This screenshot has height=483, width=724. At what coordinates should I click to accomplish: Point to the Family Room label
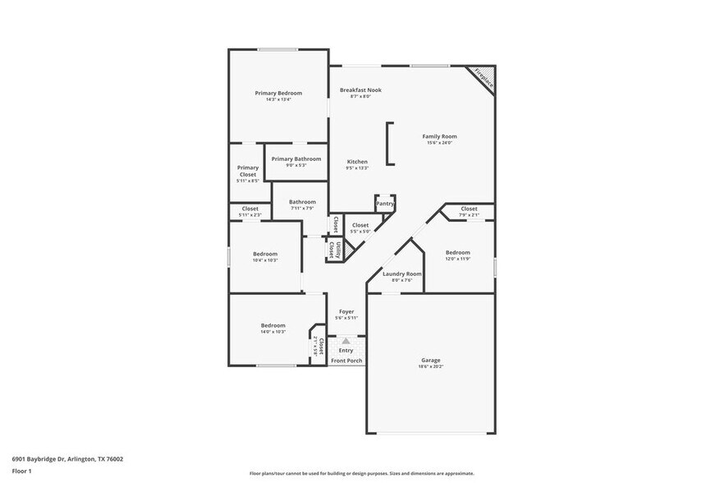click(439, 136)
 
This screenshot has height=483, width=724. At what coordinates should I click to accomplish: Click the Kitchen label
click(357, 162)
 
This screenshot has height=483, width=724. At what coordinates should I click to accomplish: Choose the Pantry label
click(385, 203)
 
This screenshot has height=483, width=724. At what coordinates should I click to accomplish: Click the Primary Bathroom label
click(296, 159)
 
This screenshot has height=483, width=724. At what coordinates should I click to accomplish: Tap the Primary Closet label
click(247, 171)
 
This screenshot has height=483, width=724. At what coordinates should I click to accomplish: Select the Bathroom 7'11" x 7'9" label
click(302, 202)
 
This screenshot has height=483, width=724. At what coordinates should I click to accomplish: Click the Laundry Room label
click(401, 274)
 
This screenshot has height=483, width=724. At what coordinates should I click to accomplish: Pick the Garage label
click(431, 360)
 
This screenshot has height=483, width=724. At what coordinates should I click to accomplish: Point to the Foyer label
click(346, 312)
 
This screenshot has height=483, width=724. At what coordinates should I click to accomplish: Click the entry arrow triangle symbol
click(346, 341)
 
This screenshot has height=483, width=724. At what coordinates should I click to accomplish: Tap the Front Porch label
click(346, 361)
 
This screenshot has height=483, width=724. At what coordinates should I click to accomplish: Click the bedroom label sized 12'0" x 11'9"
click(457, 253)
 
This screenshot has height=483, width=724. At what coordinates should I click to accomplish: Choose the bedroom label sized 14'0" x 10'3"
click(273, 325)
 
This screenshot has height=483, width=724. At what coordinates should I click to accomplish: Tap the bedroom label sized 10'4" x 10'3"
click(264, 255)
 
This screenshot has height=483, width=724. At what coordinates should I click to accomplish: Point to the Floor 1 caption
click(21, 471)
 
